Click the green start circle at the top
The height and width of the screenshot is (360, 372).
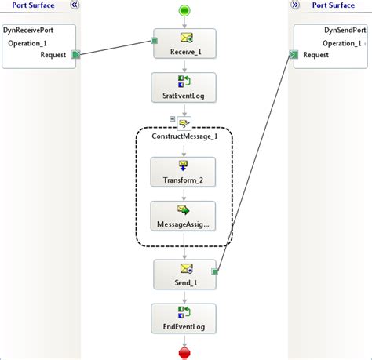click(184, 11)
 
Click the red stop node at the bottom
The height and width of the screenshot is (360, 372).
click(185, 353)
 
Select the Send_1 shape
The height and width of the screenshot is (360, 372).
click(184, 275)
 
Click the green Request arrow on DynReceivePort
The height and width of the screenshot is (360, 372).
click(76, 55)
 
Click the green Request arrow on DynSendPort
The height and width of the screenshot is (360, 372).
click(293, 54)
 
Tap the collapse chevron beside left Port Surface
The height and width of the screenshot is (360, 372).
click(74, 5)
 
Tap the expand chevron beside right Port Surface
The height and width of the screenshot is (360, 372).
click(296, 5)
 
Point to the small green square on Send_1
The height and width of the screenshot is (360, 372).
click(214, 272)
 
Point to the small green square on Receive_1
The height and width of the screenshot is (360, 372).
click(155, 41)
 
